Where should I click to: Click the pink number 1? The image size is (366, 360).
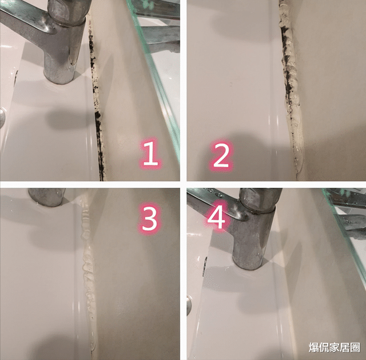[x=150, y=155]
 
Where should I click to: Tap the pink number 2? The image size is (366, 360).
[x=221, y=156]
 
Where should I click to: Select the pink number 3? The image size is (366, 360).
[x=149, y=219]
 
